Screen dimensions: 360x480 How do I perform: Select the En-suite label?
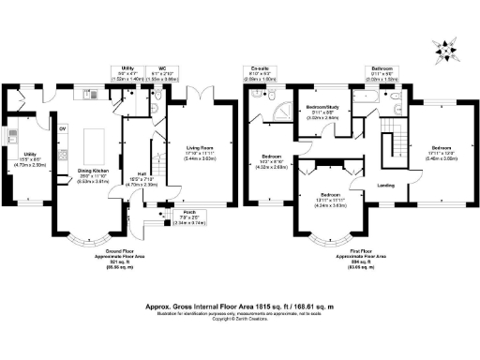(x=260, y=68)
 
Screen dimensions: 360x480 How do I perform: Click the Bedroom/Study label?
(x=320, y=112)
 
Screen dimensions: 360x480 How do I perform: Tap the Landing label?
(x=385, y=185)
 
